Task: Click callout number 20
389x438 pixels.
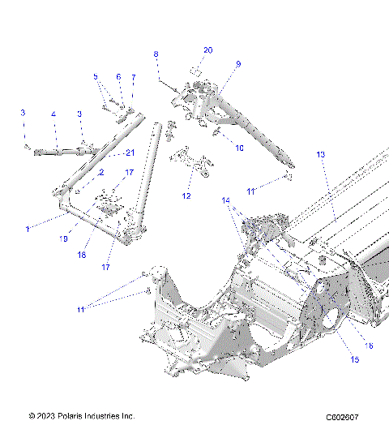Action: click(207, 50)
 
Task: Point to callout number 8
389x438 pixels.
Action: click(156, 54)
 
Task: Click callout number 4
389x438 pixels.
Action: click(53, 115)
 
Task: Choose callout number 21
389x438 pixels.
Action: click(129, 152)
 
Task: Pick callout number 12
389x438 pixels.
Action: click(187, 195)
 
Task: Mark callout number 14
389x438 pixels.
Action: click(226, 200)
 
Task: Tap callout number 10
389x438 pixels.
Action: click(239, 148)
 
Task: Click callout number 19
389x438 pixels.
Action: click(64, 239)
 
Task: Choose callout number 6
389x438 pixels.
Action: click(118, 77)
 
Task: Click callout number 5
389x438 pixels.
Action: click(96, 77)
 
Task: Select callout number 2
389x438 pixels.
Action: click(101, 173)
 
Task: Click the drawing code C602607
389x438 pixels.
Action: click(342, 418)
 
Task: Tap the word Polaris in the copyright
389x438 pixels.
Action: click(80, 416)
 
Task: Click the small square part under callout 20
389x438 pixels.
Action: click(196, 69)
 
